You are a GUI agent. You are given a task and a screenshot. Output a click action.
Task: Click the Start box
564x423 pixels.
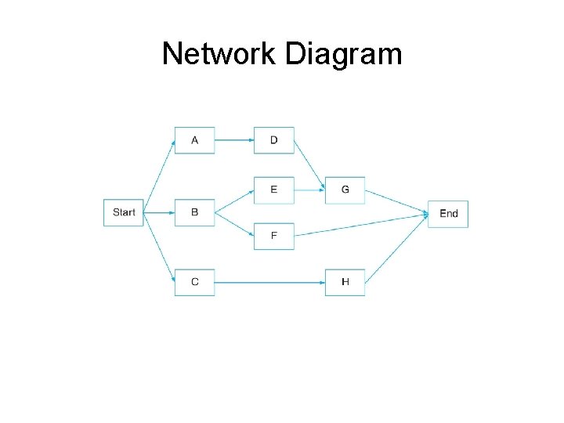(x=124, y=212)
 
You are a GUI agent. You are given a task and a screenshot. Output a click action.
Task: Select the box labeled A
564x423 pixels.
(x=194, y=140)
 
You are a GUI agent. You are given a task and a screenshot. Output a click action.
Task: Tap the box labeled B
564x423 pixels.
(x=194, y=212)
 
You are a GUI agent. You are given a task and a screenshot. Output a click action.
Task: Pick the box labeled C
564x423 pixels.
(x=194, y=282)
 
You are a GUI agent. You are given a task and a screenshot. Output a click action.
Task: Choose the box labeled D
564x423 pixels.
(x=273, y=140)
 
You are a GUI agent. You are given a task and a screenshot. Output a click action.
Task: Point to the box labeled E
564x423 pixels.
(x=273, y=190)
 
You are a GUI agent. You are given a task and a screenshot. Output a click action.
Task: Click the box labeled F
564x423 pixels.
(x=273, y=236)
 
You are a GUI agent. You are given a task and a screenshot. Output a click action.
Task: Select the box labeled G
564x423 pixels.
(x=345, y=190)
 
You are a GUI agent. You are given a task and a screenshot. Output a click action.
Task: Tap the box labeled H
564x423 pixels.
(x=345, y=282)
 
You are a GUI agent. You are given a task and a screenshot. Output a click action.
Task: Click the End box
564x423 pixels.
(x=448, y=213)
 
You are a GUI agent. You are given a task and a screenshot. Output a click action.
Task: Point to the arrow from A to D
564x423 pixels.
(x=234, y=141)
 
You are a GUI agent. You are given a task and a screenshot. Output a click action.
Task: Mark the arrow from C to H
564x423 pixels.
(x=269, y=282)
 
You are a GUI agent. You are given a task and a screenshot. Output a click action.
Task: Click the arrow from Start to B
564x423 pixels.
(x=159, y=212)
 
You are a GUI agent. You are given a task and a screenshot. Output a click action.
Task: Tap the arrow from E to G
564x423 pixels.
(x=309, y=190)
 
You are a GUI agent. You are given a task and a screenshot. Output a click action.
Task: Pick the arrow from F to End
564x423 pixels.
(x=361, y=224)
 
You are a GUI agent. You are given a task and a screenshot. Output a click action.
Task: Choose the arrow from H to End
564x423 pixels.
(x=396, y=248)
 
